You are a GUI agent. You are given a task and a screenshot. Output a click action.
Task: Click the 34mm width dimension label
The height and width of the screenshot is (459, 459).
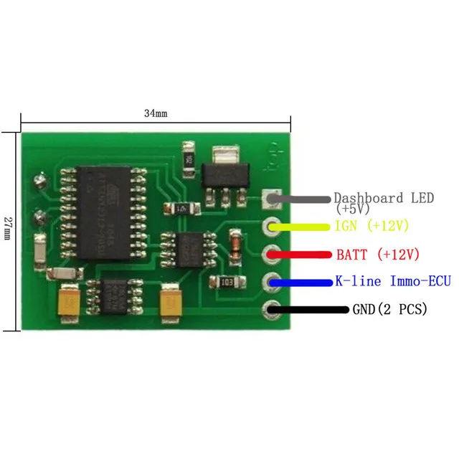(x=155, y=113)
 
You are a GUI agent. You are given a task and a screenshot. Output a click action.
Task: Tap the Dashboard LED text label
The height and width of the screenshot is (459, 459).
(x=384, y=198)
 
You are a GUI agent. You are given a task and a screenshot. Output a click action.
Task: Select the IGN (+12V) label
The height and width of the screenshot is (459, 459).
(x=372, y=226)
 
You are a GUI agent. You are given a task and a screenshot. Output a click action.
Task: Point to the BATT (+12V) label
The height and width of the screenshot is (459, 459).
(x=377, y=254)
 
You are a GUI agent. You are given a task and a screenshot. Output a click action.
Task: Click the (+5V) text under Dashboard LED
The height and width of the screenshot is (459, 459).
(x=352, y=209)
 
